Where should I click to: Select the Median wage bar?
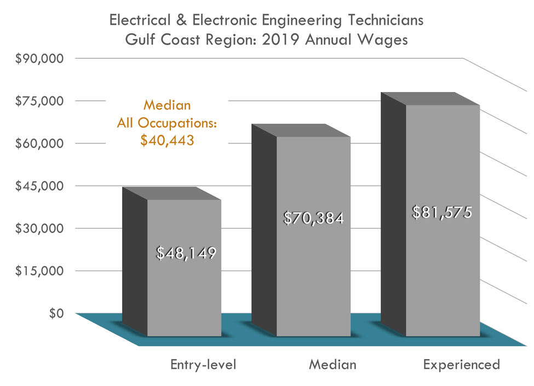coord(313,274)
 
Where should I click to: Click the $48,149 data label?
coord(186,253)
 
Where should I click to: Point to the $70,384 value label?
coord(313,218)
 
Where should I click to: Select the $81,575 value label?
coord(441,212)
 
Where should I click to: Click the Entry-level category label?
coord(203,365)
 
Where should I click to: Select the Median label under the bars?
coord(332,365)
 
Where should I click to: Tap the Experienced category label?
coord(462,365)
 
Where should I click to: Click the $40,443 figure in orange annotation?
coord(167,140)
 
